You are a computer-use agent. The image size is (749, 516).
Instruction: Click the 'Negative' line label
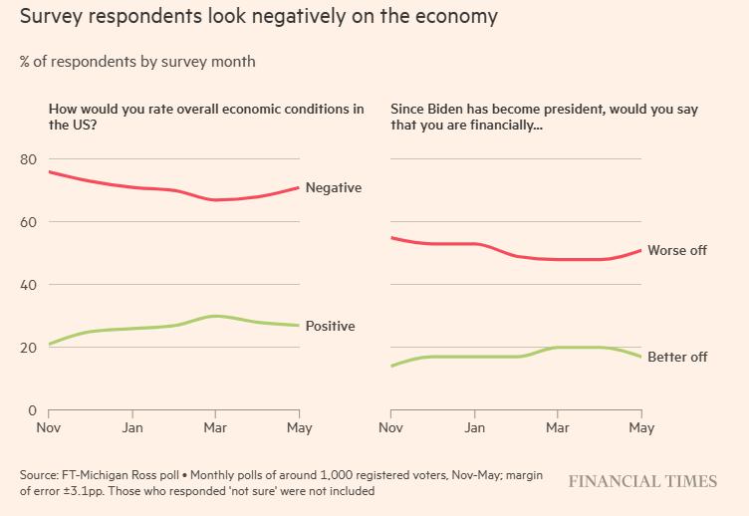click(333, 187)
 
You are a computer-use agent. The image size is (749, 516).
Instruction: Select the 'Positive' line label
click(330, 326)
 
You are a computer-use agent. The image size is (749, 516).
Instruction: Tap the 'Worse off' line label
click(677, 250)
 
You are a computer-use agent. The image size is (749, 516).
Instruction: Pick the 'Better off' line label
click(677, 357)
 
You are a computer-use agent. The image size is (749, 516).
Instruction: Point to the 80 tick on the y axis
click(28, 159)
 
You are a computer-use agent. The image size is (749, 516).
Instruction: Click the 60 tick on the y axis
click(28, 222)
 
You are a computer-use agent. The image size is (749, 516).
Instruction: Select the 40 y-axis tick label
click(28, 285)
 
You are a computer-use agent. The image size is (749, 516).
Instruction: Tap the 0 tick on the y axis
click(32, 410)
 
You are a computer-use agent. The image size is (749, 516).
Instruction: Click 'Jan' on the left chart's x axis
click(132, 428)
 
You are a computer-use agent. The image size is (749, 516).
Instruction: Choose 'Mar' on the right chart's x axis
click(558, 428)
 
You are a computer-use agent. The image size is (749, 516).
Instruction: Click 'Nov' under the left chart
click(49, 428)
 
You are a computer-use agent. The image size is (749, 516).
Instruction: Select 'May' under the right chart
click(641, 428)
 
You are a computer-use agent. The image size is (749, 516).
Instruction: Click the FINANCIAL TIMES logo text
click(642, 481)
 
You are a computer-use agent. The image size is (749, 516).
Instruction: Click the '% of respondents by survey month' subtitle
click(137, 62)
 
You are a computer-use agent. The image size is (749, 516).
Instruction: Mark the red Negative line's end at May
click(300, 187)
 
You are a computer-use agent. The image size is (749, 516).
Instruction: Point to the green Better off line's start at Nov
click(391, 366)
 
